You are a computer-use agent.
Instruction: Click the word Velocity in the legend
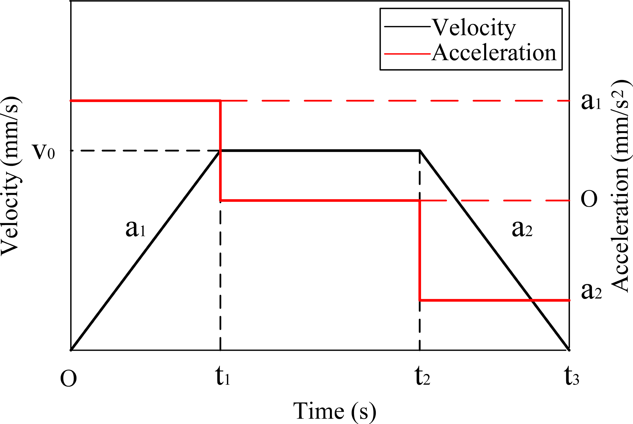(474, 28)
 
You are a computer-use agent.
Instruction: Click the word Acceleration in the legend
(494, 53)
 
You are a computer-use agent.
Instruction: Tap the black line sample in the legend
(407, 27)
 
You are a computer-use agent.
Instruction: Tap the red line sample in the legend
(407, 54)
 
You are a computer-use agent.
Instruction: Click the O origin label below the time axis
(68, 379)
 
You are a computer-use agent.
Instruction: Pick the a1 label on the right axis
(591, 102)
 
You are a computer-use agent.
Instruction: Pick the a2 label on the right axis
(591, 291)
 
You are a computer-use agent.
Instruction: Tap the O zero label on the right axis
(589, 199)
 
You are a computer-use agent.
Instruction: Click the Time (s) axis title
(334, 411)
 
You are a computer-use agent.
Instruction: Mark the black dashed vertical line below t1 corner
(220, 276)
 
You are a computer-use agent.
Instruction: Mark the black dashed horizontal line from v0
(144, 151)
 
